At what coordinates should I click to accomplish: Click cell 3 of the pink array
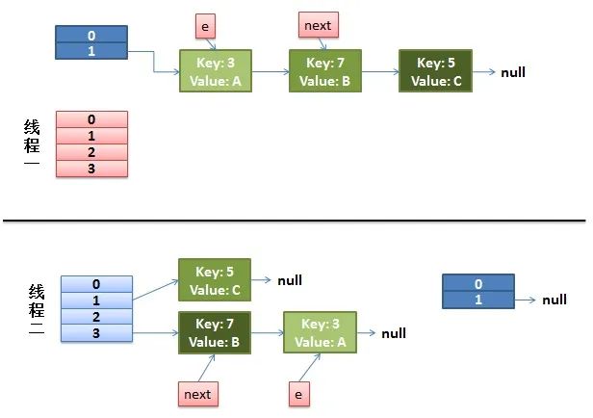click(91, 169)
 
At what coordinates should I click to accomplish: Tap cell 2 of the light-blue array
click(96, 317)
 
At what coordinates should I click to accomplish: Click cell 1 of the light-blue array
click(96, 300)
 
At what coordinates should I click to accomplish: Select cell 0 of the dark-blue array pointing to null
click(478, 283)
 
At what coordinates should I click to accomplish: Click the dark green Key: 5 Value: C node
click(436, 70)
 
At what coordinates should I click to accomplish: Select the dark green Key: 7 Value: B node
click(215, 333)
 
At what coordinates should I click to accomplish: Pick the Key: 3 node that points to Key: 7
click(216, 70)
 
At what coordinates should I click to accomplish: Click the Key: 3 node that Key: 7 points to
click(320, 332)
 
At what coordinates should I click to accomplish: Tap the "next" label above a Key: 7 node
click(319, 25)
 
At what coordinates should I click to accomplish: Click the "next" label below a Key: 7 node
click(198, 394)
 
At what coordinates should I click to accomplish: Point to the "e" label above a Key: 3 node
click(205, 26)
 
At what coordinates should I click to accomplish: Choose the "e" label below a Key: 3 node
click(299, 394)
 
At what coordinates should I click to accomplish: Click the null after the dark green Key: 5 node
click(513, 72)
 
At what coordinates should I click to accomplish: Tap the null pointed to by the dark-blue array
click(554, 300)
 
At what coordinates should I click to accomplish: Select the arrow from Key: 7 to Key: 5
click(380, 71)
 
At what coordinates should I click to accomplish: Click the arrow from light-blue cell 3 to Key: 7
click(155, 333)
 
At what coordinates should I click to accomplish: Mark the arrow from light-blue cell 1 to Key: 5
click(155, 290)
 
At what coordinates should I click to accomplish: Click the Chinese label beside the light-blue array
click(37, 309)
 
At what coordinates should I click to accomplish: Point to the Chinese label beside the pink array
click(32, 142)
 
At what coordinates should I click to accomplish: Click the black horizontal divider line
click(295, 221)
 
